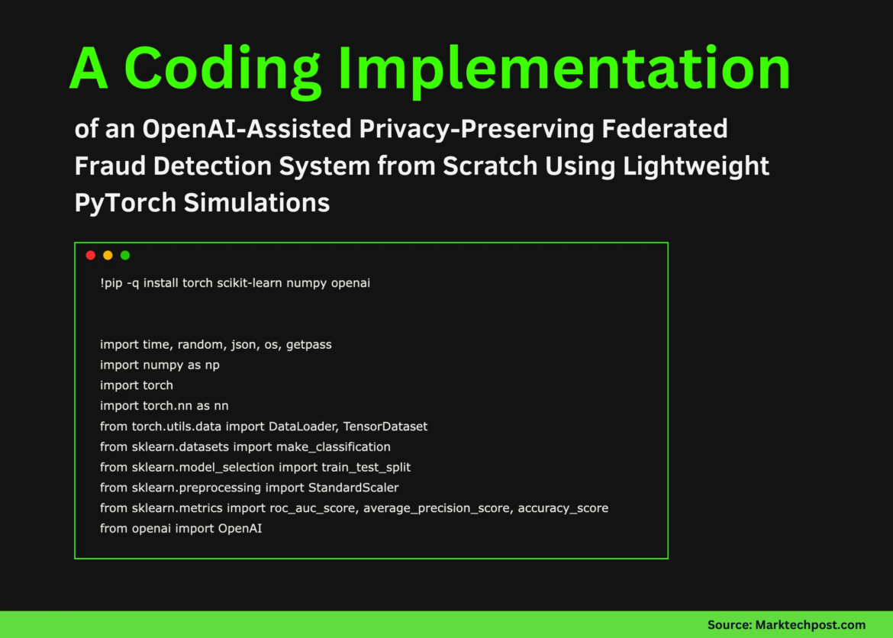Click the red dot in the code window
click(90, 256)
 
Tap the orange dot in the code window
click(108, 256)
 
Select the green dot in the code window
click(125, 256)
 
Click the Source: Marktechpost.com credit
click(786, 624)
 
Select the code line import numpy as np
click(160, 365)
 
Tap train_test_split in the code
click(366, 466)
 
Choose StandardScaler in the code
click(353, 487)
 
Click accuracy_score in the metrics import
click(563, 507)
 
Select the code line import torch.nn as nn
click(164, 405)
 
